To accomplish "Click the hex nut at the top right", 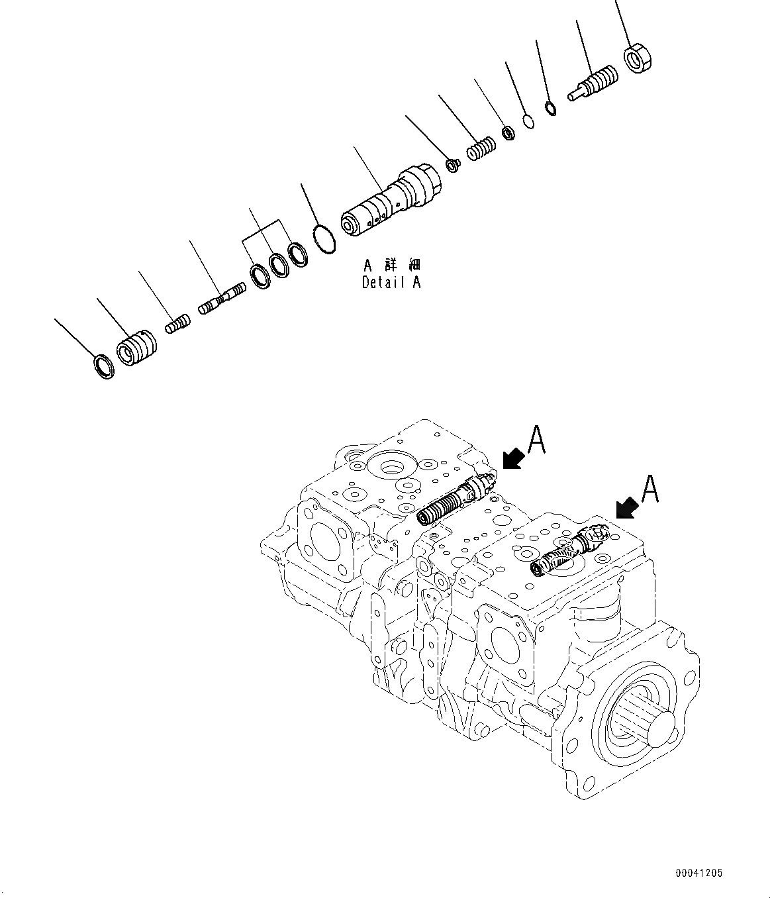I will (x=640, y=59).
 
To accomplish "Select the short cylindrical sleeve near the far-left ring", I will (x=136, y=348).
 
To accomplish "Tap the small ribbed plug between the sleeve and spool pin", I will (x=177, y=324).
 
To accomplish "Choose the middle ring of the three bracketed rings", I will (x=279, y=264).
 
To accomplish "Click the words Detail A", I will (x=391, y=282).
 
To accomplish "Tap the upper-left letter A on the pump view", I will (x=536, y=440).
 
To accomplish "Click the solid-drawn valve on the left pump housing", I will (x=457, y=501).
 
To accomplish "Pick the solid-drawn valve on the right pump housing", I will (x=569, y=550).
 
